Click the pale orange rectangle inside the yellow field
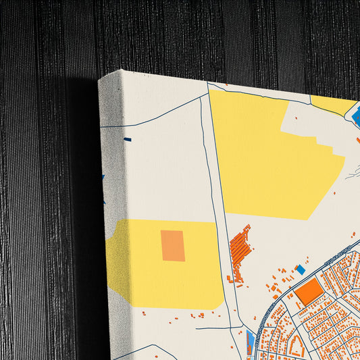pyautogui.click(x=173, y=246)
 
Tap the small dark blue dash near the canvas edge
pyautogui.click(x=127, y=140)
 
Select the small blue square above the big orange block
pyautogui.click(x=301, y=269)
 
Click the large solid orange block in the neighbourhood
pyautogui.click(x=310, y=291)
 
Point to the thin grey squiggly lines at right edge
pyautogui.click(x=351, y=172)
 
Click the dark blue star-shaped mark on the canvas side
pyautogui.click(x=103, y=180)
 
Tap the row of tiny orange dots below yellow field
pyautogui.click(x=196, y=314)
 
